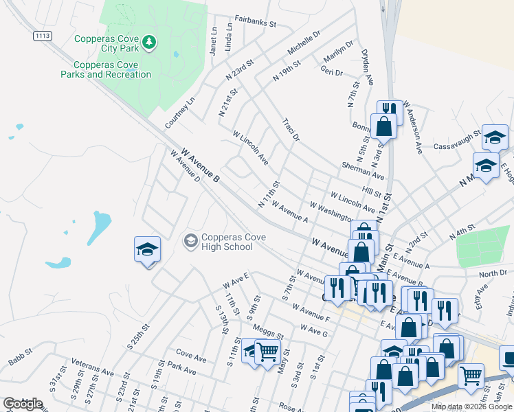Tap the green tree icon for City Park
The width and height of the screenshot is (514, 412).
coord(149,43)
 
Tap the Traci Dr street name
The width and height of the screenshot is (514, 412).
coord(291,129)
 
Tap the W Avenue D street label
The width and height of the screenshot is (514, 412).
coord(184,167)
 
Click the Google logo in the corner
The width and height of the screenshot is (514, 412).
coord(23,404)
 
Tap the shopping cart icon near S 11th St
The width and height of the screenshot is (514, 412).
coord(268,352)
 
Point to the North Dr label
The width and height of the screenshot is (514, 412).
coord(493,274)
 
